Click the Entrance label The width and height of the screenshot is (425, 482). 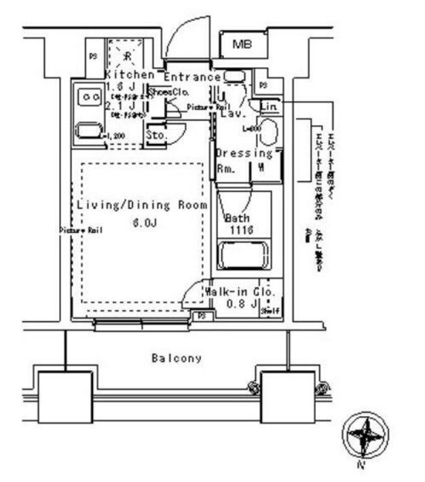click(192, 77)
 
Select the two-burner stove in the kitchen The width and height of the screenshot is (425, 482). click(89, 98)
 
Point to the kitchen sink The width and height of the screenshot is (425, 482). click(88, 130)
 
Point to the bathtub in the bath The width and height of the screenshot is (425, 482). click(243, 257)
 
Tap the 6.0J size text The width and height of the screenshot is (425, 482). click(141, 221)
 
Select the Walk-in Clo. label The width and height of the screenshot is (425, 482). click(242, 291)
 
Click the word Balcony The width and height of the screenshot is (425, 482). click(177, 358)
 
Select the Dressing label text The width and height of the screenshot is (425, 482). click(244, 153)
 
